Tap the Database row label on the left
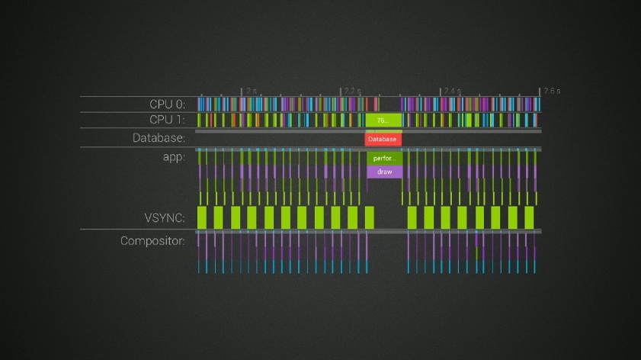159,139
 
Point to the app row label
173,157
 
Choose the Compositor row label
153,242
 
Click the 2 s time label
252,91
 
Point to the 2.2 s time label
351,91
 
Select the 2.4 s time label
452,91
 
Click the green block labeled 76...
383,121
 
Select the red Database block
383,140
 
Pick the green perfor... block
384,159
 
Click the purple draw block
384,172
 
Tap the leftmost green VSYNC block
202,217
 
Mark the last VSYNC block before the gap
370,217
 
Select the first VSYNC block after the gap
412,217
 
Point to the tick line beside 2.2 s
341,92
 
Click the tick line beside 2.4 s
441,92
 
